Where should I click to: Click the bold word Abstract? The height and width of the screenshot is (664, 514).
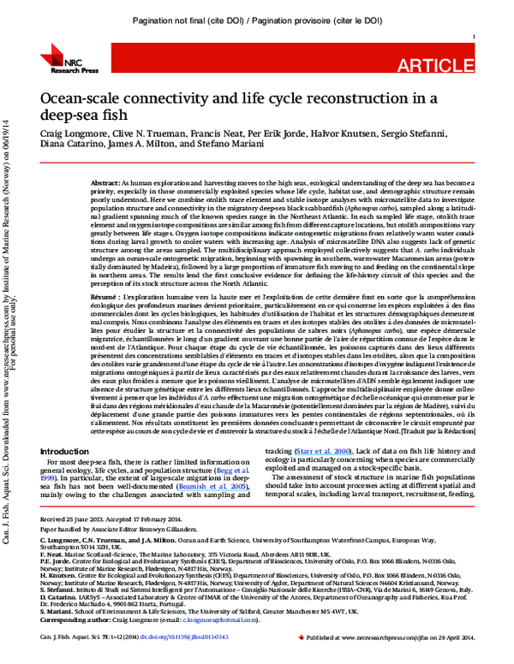click(x=105, y=183)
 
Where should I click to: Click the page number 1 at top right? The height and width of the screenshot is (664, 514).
click(x=474, y=37)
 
